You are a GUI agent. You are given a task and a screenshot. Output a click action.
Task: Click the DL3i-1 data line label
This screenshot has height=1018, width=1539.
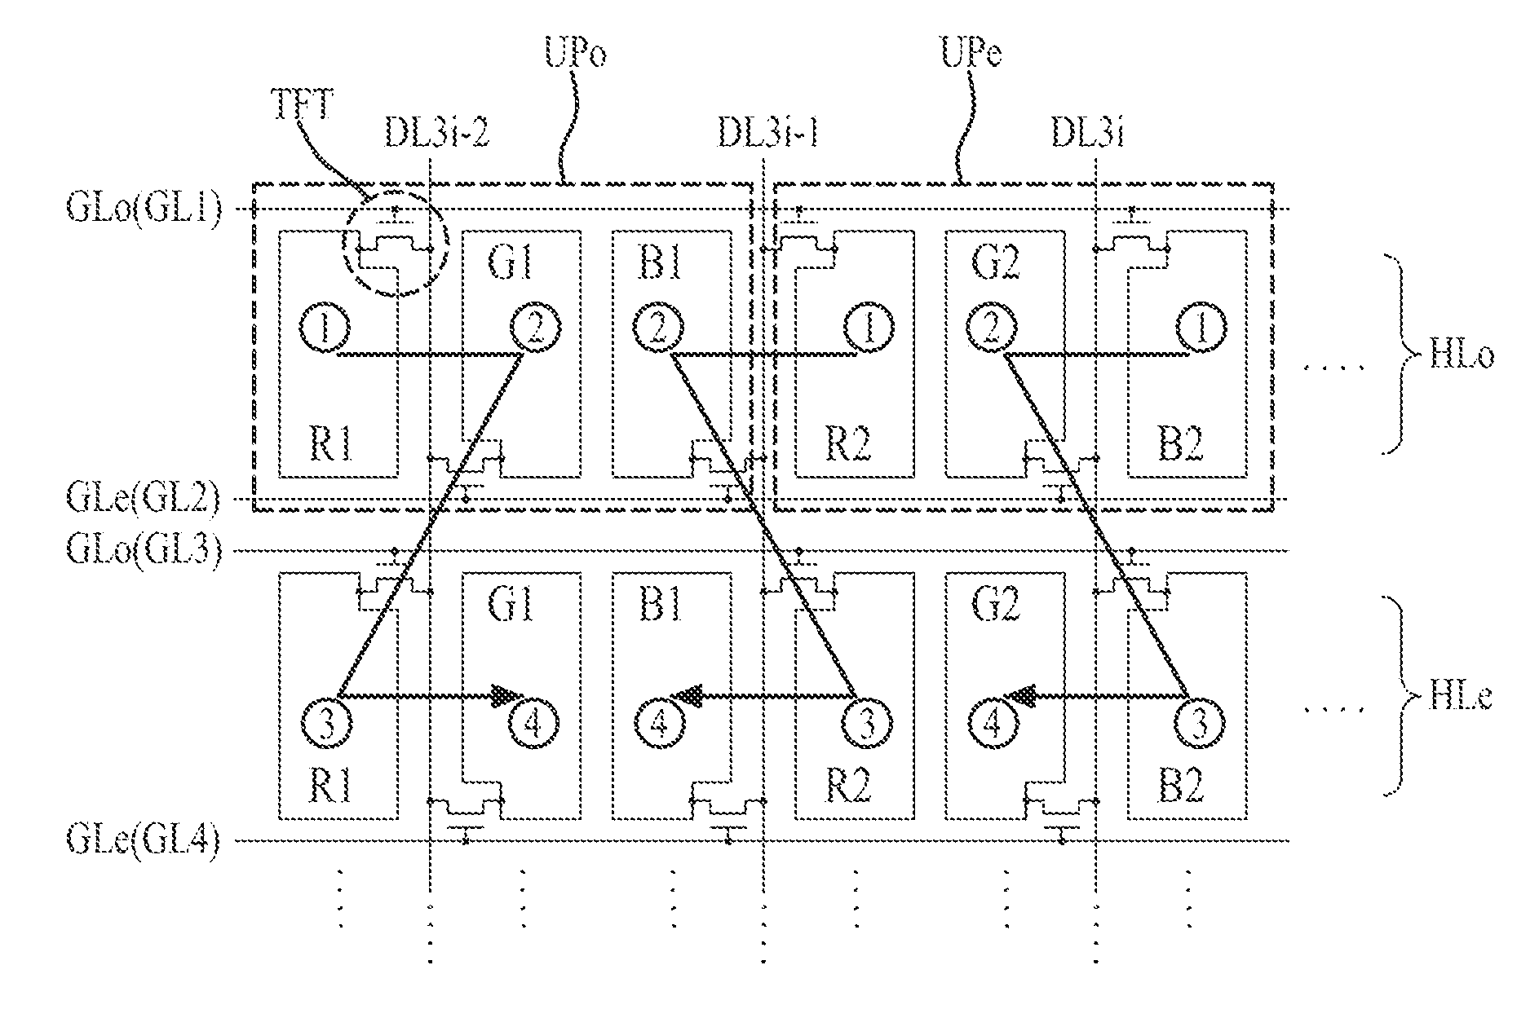click(x=767, y=134)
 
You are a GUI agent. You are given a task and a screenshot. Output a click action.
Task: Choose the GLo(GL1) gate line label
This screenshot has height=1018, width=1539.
click(x=144, y=210)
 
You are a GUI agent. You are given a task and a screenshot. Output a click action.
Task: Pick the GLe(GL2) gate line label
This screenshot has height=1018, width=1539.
click(x=144, y=499)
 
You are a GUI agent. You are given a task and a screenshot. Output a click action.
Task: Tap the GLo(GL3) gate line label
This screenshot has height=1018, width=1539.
click(x=144, y=550)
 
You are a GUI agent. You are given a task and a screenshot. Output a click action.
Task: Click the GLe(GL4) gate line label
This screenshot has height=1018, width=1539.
click(x=144, y=840)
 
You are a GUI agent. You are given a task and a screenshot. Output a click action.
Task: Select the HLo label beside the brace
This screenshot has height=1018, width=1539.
click(x=1461, y=357)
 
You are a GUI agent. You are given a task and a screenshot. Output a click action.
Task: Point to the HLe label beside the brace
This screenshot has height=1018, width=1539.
click(x=1461, y=698)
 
